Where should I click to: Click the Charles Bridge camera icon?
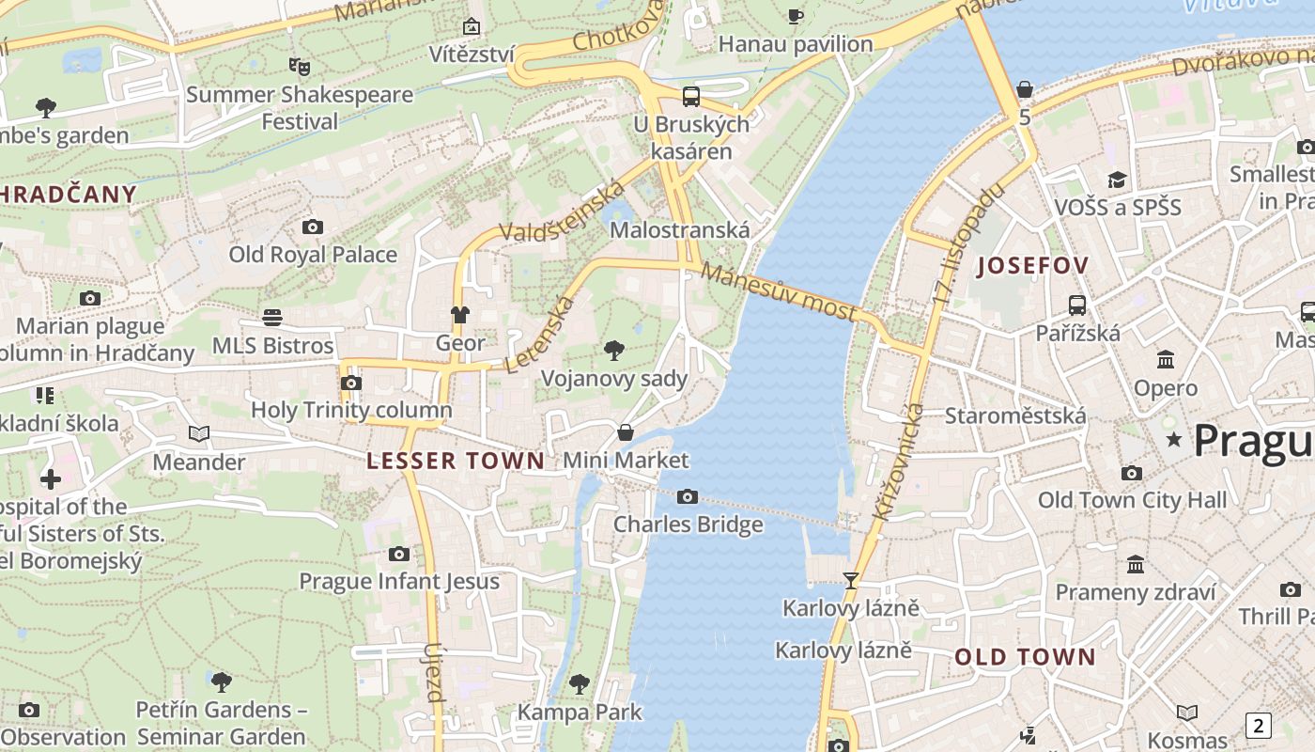coord(688,496)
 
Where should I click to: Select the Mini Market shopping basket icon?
coord(626,432)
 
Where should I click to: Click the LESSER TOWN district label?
coord(456,461)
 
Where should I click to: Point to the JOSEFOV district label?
coord(1033,266)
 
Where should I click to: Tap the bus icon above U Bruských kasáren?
coord(691,96)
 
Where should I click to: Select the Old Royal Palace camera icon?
coord(313,227)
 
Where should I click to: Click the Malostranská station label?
coord(680,230)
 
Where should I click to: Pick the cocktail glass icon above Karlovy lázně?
coord(851,581)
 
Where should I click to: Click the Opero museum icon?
coord(1166,360)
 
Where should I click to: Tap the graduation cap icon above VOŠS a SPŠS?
coord(1117,180)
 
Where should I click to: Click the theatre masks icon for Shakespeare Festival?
coord(300,67)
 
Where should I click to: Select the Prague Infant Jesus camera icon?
coord(399,555)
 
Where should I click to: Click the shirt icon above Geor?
coord(460,315)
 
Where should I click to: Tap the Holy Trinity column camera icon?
coord(351,383)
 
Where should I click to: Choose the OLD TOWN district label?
coord(1026,657)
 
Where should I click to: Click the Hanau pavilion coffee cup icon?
coord(796,16)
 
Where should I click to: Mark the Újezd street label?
coord(433,672)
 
